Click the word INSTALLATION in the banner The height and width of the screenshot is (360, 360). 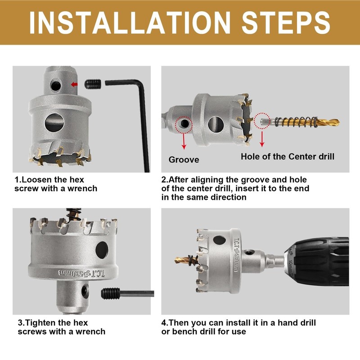(x=130, y=23)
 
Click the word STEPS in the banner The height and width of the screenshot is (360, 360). (x=286, y=23)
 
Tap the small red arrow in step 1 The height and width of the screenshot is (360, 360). (x=74, y=85)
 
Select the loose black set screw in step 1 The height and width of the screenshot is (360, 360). (x=93, y=84)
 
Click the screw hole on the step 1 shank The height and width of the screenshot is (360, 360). (x=56, y=85)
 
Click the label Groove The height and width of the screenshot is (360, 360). (x=184, y=160)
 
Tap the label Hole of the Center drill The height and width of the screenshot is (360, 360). (x=288, y=157)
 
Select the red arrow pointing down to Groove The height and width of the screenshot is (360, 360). (x=184, y=141)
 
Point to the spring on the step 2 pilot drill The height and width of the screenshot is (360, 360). (x=296, y=121)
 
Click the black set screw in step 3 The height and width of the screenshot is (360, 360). (x=111, y=293)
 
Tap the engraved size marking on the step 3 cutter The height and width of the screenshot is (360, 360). (x=81, y=273)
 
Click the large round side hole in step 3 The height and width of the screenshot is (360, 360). (x=102, y=250)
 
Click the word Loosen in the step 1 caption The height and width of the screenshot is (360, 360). (x=36, y=180)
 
